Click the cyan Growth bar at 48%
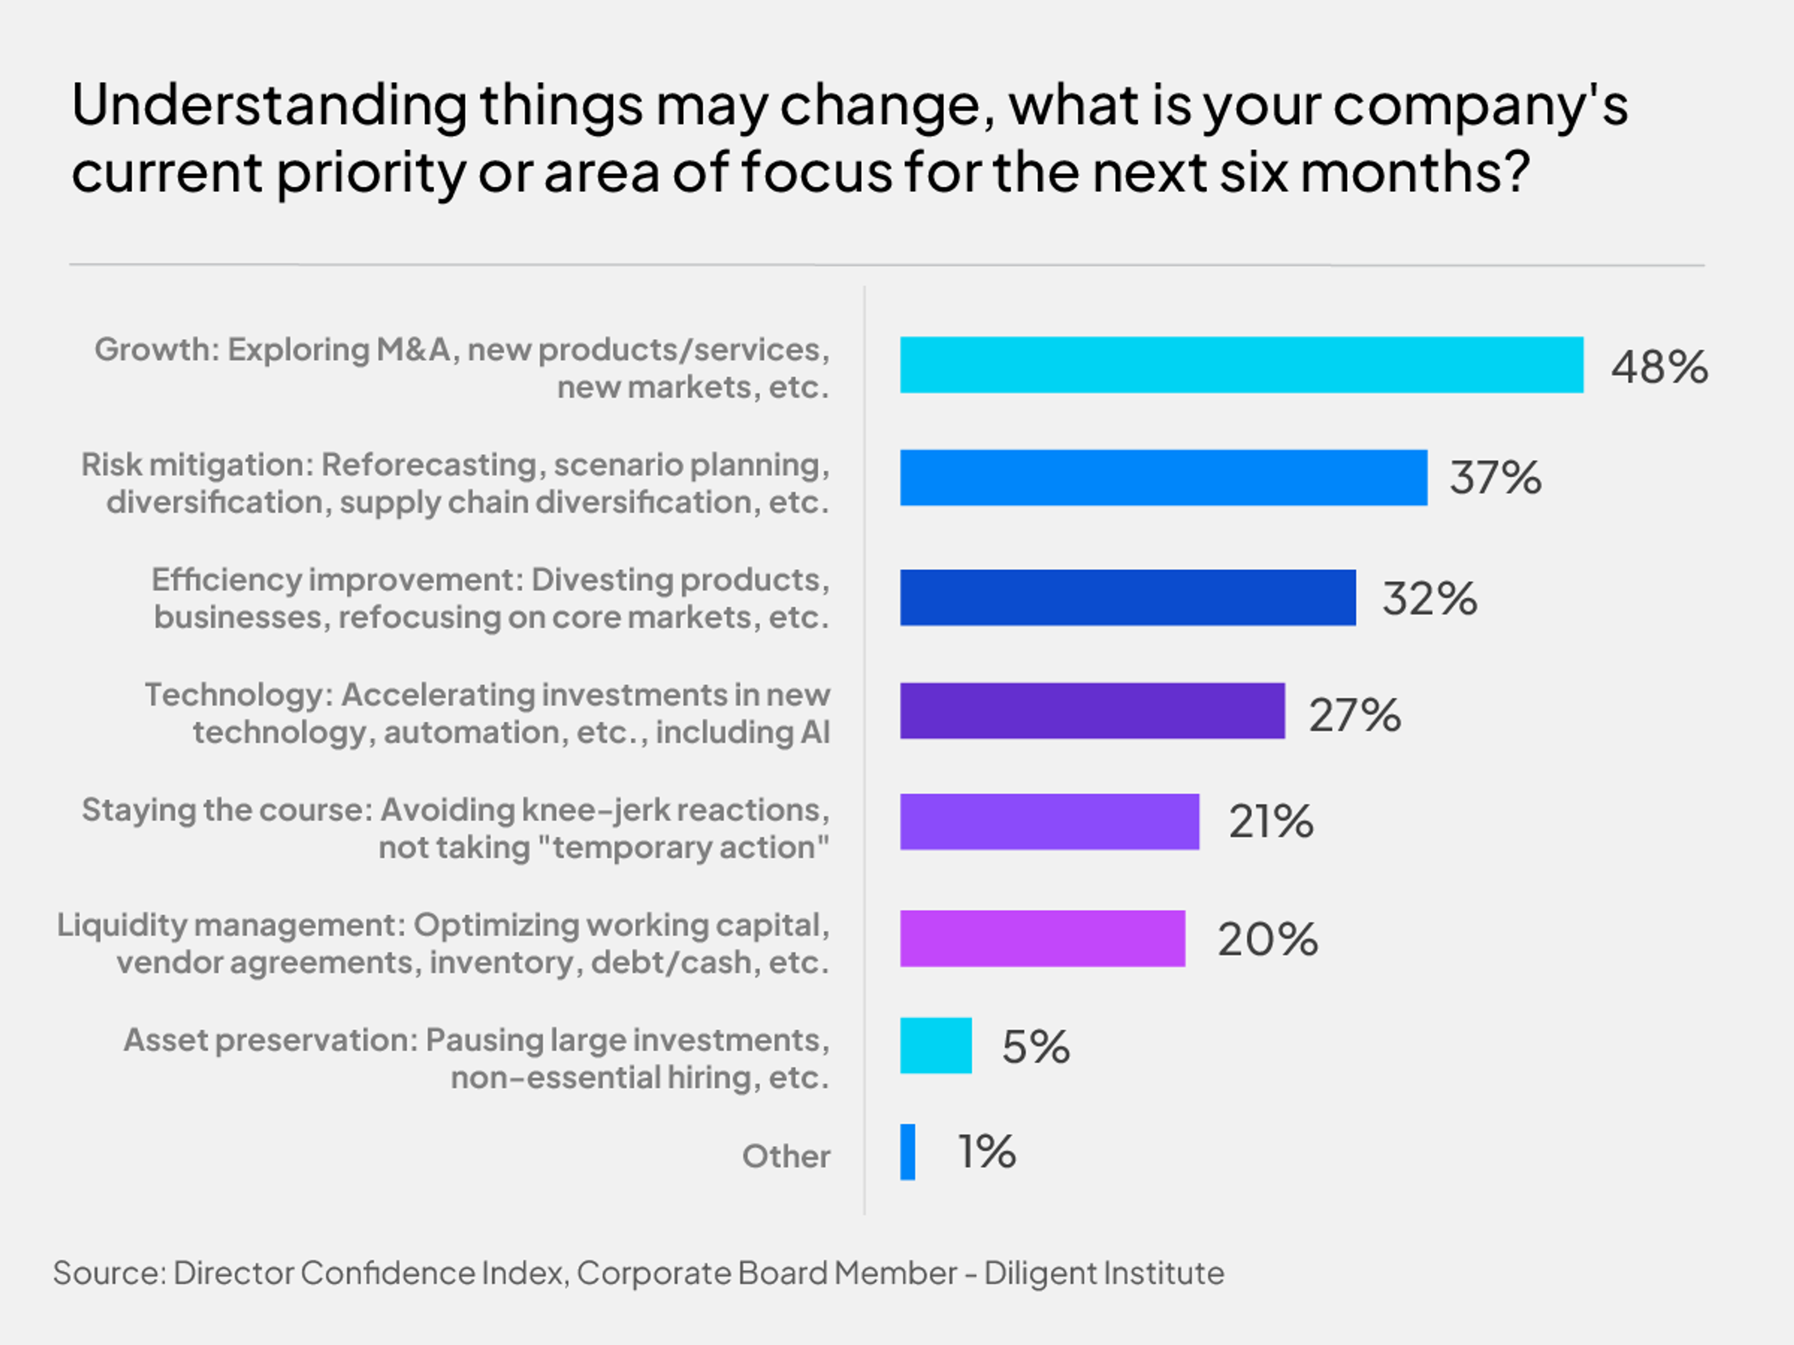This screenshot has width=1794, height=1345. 1241,365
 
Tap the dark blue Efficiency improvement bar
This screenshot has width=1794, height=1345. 1127,597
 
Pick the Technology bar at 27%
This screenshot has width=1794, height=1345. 1092,711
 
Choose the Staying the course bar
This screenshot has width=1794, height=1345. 1049,822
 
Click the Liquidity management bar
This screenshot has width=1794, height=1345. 1042,939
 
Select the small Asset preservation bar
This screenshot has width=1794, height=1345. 935,1046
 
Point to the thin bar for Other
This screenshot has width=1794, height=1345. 908,1152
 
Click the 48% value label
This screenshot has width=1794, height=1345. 1659,367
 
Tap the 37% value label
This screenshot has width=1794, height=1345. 1495,477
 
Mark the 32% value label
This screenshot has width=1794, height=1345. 1429,599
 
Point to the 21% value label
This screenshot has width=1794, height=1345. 1270,822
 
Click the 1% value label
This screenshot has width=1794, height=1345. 986,1152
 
